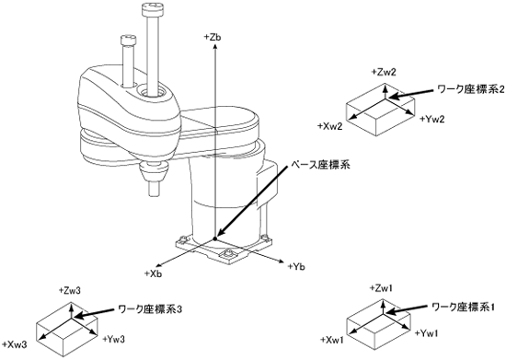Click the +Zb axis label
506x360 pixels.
coord(213,37)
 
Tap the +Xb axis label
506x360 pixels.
coord(153,273)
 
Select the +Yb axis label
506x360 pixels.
coord(296,267)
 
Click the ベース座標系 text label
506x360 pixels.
coord(320,165)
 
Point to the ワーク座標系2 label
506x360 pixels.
coord(470,89)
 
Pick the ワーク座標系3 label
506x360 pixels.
coord(151,309)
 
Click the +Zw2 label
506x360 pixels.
coord(384,72)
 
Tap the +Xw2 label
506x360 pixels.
coord(329,126)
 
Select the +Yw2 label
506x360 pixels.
coord(432,119)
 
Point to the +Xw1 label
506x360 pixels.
coord(332,340)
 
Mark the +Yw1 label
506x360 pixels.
coord(427,332)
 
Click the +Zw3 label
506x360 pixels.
coord(70,290)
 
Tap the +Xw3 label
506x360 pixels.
coord(14,344)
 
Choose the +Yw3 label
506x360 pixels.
coord(113,339)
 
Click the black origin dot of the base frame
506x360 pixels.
coord(214,238)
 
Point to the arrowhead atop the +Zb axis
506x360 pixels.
coord(214,47)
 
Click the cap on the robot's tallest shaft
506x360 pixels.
coord(152,9)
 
